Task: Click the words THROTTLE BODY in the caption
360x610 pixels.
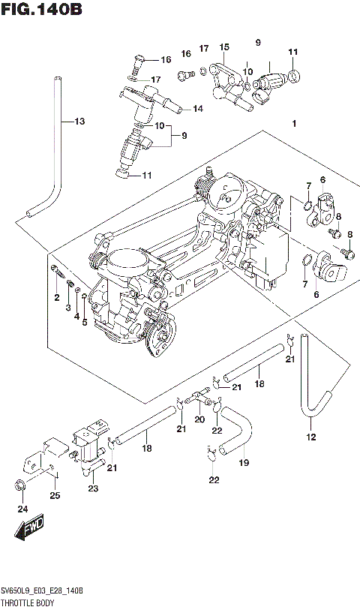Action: [x=29, y=602]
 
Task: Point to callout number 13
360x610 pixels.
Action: [x=79, y=121]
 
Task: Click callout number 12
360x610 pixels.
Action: [x=310, y=437]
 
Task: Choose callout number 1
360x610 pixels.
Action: [x=295, y=124]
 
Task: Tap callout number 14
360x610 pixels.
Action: [x=197, y=109]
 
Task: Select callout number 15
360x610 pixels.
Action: [x=223, y=47]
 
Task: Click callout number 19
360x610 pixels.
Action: [x=242, y=464]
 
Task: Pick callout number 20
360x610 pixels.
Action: [x=199, y=419]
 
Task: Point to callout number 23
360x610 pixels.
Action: [x=92, y=488]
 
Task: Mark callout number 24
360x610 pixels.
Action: [x=22, y=509]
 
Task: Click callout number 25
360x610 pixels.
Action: [x=54, y=495]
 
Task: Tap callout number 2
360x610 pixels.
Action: [x=55, y=298]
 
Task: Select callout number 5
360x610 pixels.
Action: [x=85, y=323]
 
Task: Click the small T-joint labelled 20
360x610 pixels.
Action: [x=199, y=393]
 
